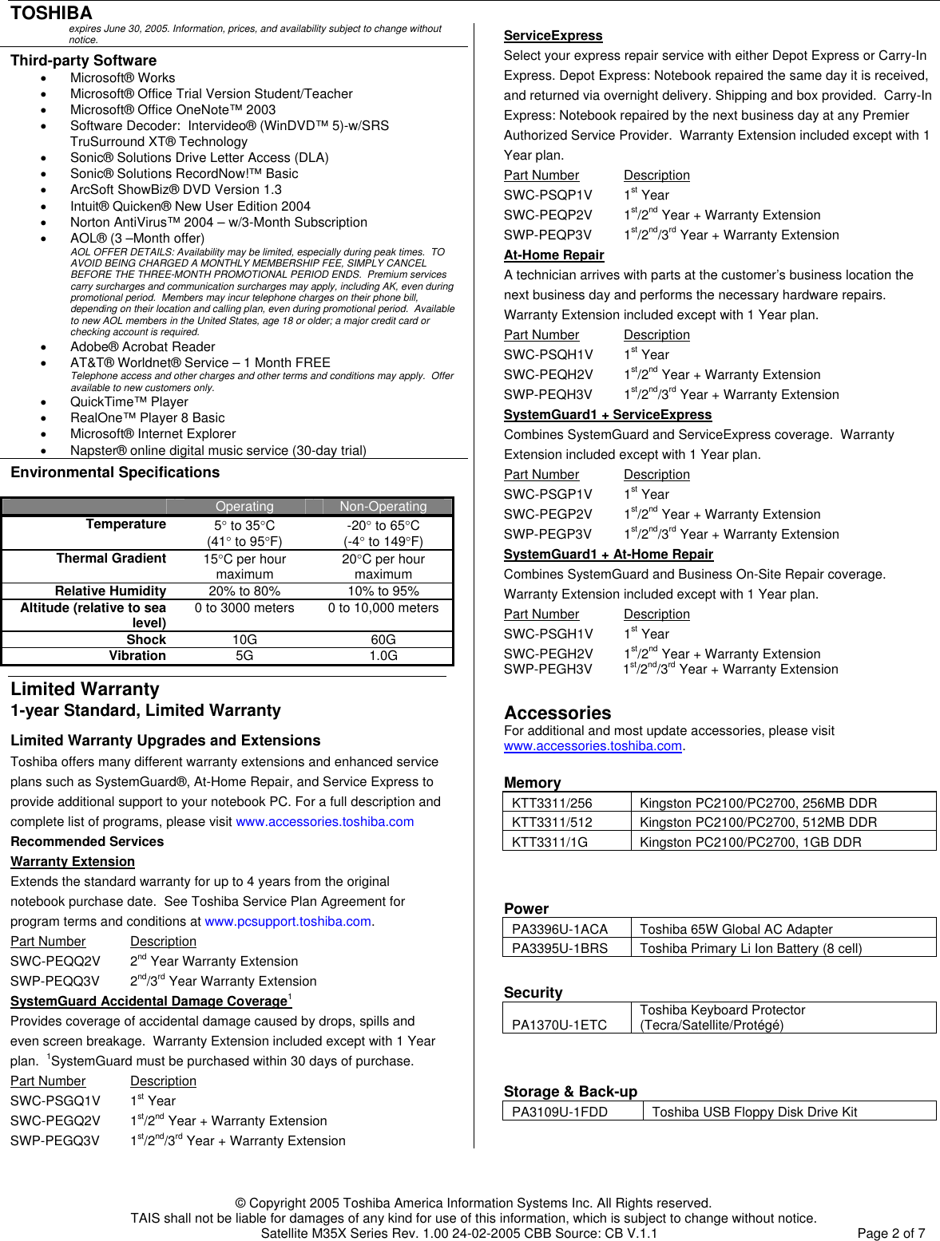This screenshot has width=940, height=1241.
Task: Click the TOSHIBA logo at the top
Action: (x=51, y=13)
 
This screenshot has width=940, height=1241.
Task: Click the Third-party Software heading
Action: (x=83, y=61)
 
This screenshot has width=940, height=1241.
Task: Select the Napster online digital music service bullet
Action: (x=218, y=450)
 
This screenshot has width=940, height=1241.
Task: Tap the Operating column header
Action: (x=244, y=507)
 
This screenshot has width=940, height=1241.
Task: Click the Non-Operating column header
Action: (x=383, y=507)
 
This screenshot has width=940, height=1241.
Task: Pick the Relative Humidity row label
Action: (x=110, y=591)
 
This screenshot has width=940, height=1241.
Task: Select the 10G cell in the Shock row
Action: (x=244, y=640)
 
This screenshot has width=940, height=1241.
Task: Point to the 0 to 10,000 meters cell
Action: (x=383, y=608)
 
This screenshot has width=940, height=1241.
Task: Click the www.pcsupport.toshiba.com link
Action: (x=288, y=921)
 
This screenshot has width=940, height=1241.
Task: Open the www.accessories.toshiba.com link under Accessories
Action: (x=593, y=746)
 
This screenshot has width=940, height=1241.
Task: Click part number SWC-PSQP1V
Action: (x=548, y=196)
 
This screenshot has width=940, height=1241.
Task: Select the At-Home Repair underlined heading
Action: (x=553, y=255)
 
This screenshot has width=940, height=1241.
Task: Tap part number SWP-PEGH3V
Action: (x=548, y=670)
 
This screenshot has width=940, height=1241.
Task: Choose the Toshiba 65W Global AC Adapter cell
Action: (x=736, y=929)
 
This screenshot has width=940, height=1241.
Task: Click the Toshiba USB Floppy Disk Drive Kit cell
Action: (x=754, y=1112)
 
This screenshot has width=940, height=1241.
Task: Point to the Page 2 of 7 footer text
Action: (x=890, y=1233)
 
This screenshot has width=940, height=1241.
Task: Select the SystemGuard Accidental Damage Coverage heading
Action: (x=149, y=1002)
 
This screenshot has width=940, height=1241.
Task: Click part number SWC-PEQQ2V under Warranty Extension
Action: (x=55, y=962)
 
